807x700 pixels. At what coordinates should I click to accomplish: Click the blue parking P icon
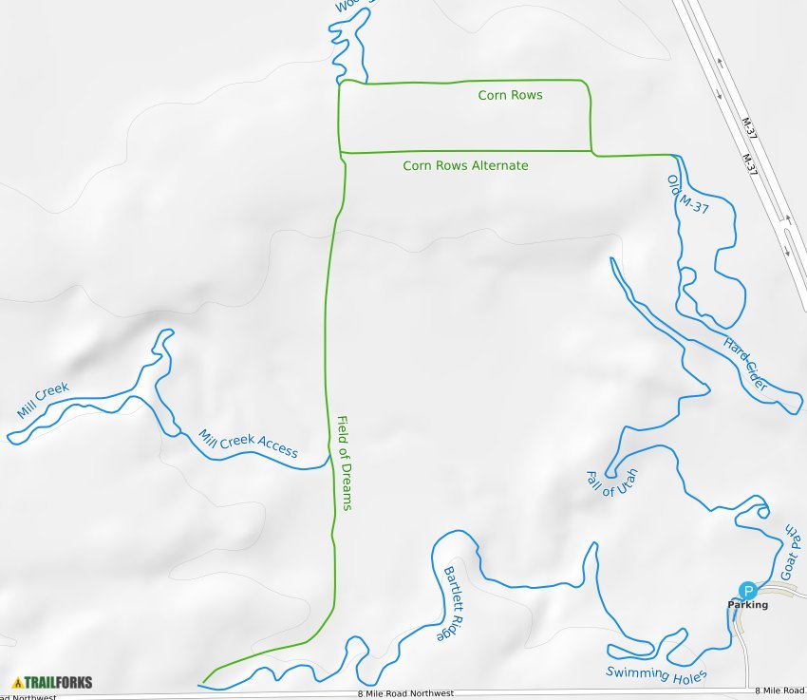click(x=747, y=590)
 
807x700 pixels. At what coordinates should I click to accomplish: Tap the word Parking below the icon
click(x=747, y=605)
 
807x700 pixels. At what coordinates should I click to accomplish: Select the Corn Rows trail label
click(x=510, y=95)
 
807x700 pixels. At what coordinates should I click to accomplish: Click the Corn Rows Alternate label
click(x=465, y=165)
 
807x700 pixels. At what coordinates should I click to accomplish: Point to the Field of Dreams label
click(x=345, y=463)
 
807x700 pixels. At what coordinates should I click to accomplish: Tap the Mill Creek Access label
click(x=248, y=444)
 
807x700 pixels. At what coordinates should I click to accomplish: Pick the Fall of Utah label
click(x=612, y=482)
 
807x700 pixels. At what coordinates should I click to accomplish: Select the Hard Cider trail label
click(x=745, y=364)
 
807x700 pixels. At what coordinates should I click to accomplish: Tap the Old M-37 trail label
click(x=688, y=194)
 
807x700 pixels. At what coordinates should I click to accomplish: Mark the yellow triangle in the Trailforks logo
click(x=17, y=682)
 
